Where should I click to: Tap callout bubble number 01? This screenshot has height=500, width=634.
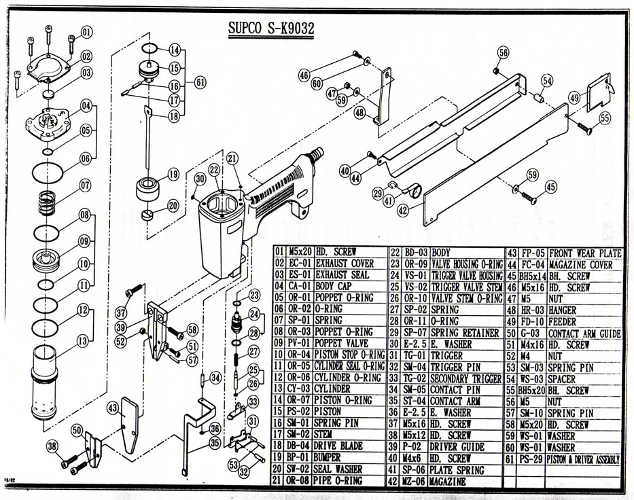[86, 32]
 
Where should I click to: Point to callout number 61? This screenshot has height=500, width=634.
[200, 82]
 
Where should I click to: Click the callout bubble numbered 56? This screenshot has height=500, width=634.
[503, 52]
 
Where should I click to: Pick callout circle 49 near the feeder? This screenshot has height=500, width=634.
[575, 98]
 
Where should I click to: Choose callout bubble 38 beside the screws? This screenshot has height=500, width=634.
[52, 446]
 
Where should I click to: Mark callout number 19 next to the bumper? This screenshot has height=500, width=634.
[173, 174]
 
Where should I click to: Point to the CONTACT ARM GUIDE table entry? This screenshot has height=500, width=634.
[584, 334]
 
